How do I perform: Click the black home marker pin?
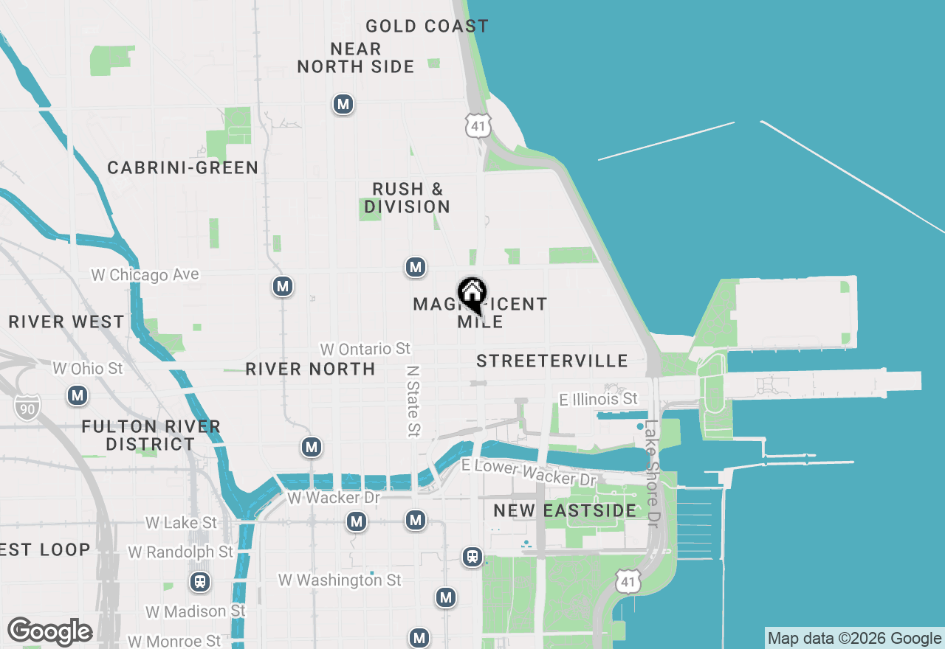472,295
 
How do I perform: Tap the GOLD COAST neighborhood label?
427,27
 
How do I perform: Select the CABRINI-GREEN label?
182,168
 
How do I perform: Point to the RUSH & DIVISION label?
407,198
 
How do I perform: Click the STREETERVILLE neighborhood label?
551,361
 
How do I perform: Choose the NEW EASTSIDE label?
565,510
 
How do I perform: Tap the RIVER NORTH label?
310,369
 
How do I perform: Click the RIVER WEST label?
66,322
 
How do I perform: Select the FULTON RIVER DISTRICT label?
151,435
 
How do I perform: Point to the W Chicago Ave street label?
145,274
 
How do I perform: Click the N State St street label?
413,398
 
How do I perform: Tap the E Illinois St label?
598,399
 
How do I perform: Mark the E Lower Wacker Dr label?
528,472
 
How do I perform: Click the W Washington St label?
340,580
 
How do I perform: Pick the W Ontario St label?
365,348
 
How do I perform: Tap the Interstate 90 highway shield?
27,406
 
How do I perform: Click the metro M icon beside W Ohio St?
78,395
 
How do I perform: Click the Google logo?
49,631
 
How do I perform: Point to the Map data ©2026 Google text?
854,639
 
